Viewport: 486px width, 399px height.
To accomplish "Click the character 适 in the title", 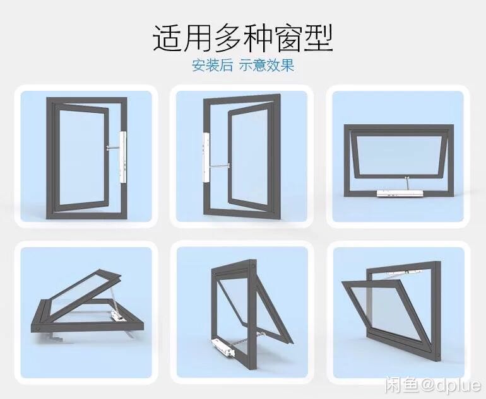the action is pyautogui.click(x=168, y=38).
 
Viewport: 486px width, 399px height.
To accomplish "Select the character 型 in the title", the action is pyautogui.click(x=319, y=38).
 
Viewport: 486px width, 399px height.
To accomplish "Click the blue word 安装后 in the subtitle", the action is pyautogui.click(x=212, y=66).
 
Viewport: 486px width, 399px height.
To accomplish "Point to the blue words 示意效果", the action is pyautogui.click(x=266, y=66).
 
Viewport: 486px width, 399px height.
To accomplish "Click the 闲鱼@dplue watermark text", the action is pyautogui.click(x=433, y=385).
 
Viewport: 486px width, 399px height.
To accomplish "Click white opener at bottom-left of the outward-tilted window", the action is pyautogui.click(x=222, y=345).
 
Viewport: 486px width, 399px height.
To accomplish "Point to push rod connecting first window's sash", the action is pyautogui.click(x=113, y=147).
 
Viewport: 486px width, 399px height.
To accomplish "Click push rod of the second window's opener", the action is pyautogui.click(x=220, y=166).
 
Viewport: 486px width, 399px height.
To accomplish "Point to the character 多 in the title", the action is pyautogui.click(x=228, y=38).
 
